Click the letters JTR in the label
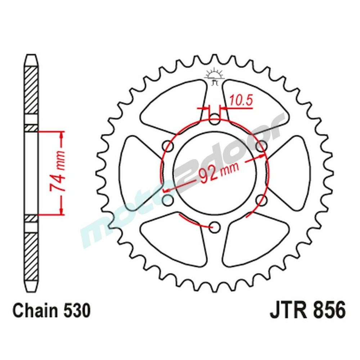(x=286, y=311)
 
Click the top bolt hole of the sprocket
(x=215, y=119)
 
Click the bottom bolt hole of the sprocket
(x=215, y=226)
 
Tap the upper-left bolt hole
(x=168, y=146)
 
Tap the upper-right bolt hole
(x=262, y=146)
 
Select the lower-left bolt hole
(x=168, y=199)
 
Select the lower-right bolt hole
(x=262, y=199)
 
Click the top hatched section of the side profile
(x=31, y=90)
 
